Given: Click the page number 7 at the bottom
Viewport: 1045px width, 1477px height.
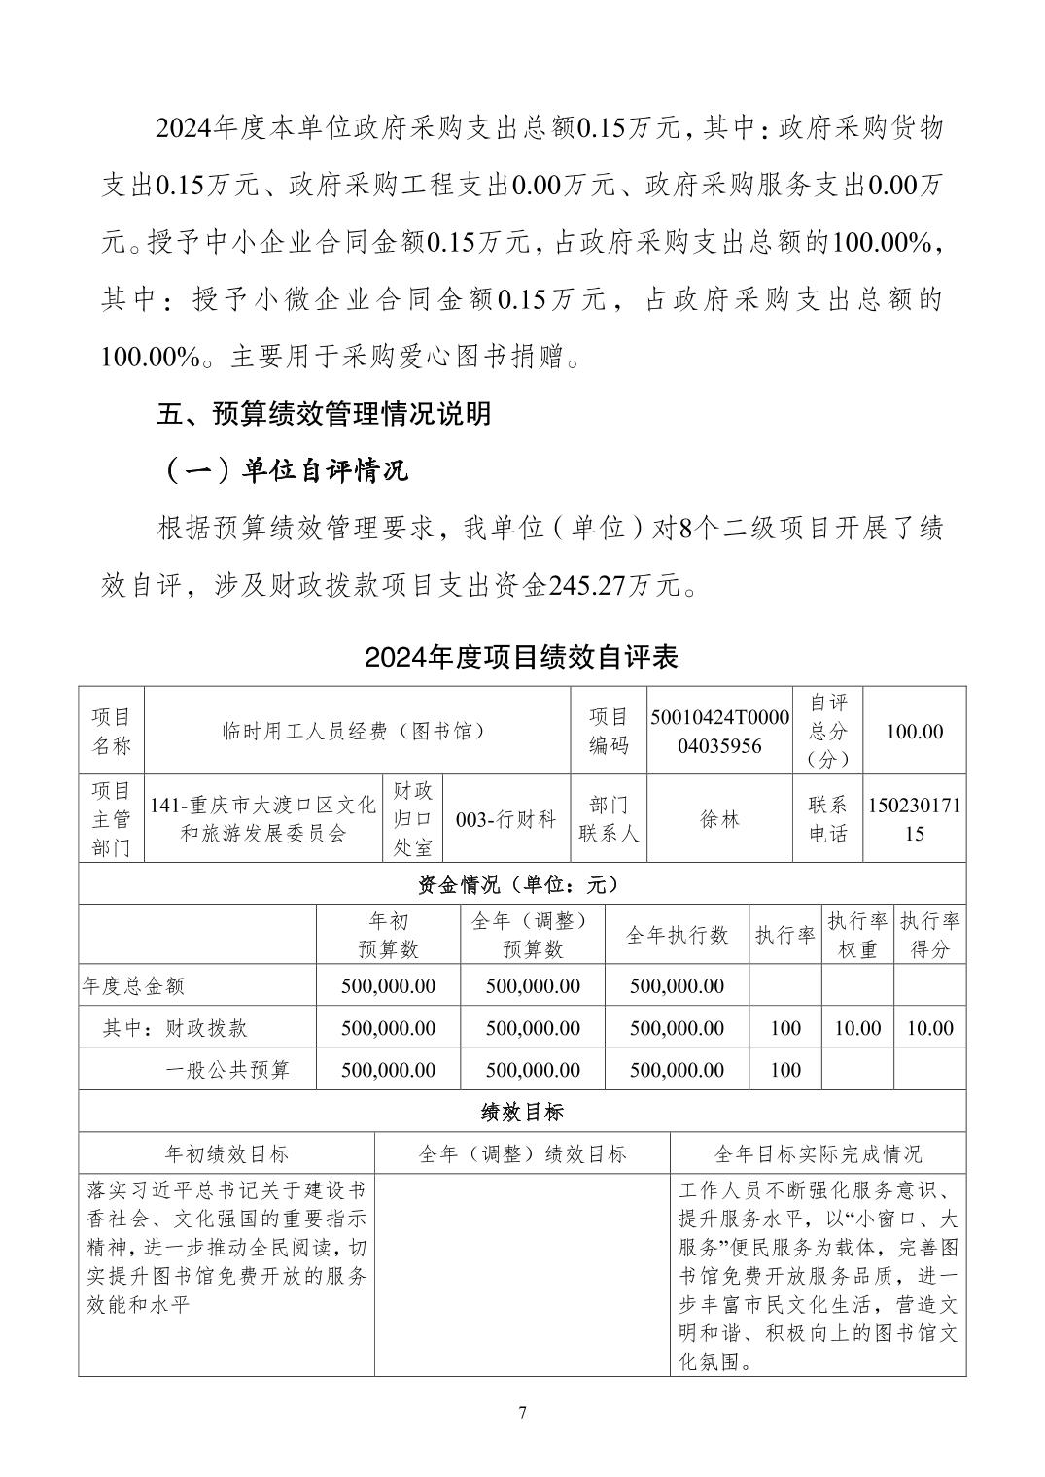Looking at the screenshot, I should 522,1413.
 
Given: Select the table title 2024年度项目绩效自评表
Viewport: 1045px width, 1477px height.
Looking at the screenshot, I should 521,657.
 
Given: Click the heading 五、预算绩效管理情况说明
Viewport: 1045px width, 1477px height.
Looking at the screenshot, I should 324,415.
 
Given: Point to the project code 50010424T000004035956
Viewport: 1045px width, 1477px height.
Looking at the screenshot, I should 720,731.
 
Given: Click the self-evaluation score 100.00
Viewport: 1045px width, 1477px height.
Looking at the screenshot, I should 914,731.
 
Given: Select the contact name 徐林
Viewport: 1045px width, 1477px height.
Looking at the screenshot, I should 720,819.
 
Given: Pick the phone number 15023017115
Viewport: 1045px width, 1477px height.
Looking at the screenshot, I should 914,819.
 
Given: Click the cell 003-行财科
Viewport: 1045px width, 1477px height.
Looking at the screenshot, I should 505,819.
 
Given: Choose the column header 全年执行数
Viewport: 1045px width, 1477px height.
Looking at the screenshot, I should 677,935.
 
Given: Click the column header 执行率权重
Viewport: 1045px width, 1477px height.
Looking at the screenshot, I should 856,935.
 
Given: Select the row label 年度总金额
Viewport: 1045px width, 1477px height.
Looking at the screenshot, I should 133,986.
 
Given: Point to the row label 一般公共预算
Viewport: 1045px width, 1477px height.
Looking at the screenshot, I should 227,1070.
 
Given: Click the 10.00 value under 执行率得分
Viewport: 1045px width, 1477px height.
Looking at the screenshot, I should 929,1028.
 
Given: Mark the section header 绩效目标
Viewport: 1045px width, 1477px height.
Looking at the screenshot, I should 522,1112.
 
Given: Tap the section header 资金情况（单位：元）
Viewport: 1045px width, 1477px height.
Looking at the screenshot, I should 522,884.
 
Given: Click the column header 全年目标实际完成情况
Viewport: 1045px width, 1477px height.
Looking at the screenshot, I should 818,1153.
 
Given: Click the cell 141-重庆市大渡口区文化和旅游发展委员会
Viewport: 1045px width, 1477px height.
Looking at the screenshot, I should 262,819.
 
